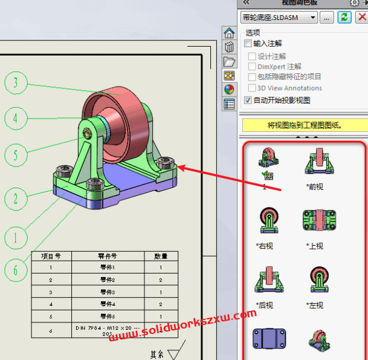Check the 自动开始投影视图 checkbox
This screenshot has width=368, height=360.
click(x=248, y=100)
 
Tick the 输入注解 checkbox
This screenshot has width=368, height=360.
click(x=248, y=44)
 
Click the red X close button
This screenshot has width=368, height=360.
click(x=361, y=18)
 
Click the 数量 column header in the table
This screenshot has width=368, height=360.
click(x=161, y=256)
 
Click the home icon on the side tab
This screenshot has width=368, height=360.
click(x=229, y=33)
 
